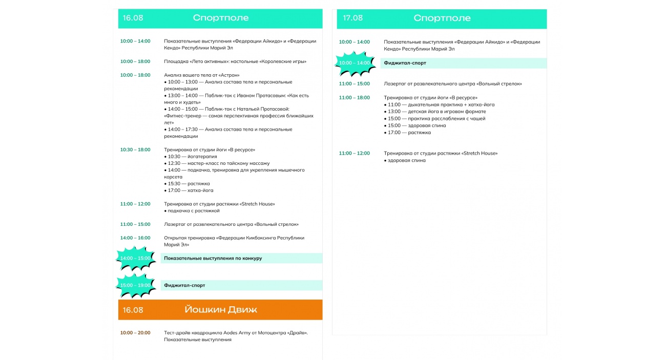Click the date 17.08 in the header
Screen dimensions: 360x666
[x=352, y=18]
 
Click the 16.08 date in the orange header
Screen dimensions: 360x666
[x=133, y=310]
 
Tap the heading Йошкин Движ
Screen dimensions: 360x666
[x=221, y=310]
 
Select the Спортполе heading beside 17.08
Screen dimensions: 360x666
[x=442, y=18]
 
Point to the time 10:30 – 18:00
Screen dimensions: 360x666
[x=135, y=150]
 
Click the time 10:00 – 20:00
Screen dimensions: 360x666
[x=135, y=333]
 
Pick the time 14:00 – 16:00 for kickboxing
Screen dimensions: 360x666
[x=135, y=238]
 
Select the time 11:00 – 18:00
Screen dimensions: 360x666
[x=354, y=97]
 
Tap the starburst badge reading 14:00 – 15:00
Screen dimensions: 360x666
[x=136, y=258]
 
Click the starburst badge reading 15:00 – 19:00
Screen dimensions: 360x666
[x=136, y=285]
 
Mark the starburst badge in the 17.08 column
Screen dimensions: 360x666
[x=354, y=63]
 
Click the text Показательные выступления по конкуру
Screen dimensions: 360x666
[x=213, y=258]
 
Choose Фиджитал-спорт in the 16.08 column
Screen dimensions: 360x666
[x=184, y=285]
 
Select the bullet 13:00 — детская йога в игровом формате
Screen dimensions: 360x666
[x=436, y=112]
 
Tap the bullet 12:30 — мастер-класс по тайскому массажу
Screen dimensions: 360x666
[x=218, y=163]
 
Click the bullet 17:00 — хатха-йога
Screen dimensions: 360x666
[x=190, y=190]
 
